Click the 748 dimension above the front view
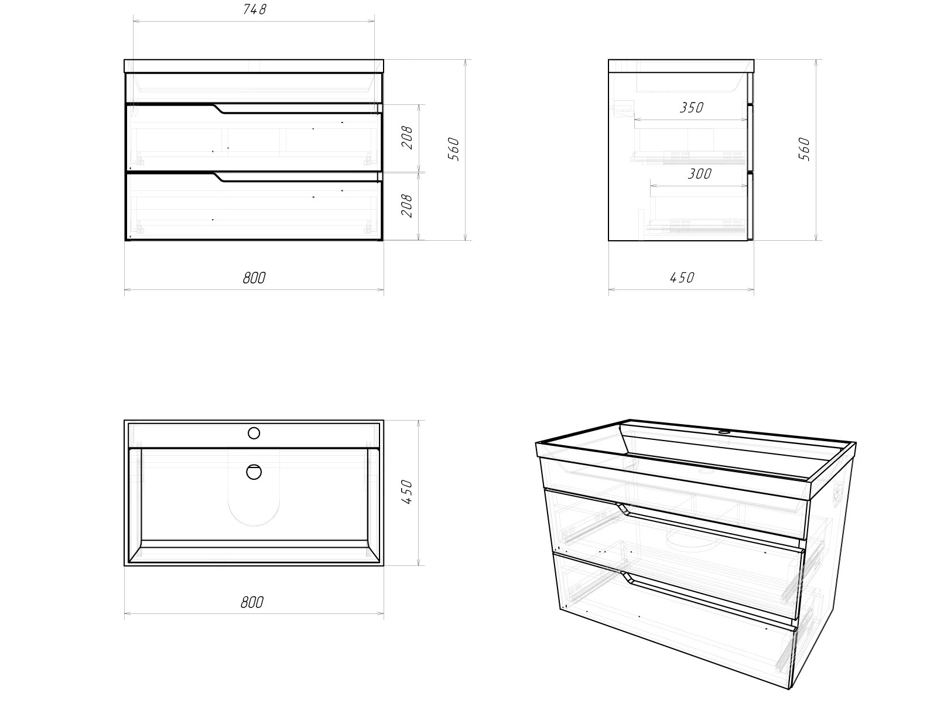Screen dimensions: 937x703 pyautogui.click(x=255, y=9)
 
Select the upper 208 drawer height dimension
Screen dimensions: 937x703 pyautogui.click(x=408, y=138)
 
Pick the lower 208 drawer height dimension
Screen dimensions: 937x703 pyautogui.click(x=408, y=206)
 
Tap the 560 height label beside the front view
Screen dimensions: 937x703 pyautogui.click(x=454, y=149)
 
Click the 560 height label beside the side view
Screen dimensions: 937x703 pyautogui.click(x=804, y=149)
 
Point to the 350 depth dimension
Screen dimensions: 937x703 pyautogui.click(x=692, y=108)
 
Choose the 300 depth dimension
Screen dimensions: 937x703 pyautogui.click(x=700, y=174)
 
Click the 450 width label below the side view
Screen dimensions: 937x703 pyautogui.click(x=682, y=278)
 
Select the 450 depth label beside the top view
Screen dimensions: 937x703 pyautogui.click(x=408, y=492)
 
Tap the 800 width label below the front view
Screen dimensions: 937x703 pyautogui.click(x=254, y=278)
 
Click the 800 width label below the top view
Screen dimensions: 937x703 pyautogui.click(x=252, y=603)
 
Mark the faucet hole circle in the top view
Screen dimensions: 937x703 pyautogui.click(x=254, y=434)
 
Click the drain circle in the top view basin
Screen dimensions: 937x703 pyautogui.click(x=254, y=472)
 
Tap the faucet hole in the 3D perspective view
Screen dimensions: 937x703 pyautogui.click(x=724, y=432)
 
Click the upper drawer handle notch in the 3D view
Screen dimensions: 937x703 pyautogui.click(x=624, y=509)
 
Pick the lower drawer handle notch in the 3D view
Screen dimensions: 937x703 pyautogui.click(x=628, y=576)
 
